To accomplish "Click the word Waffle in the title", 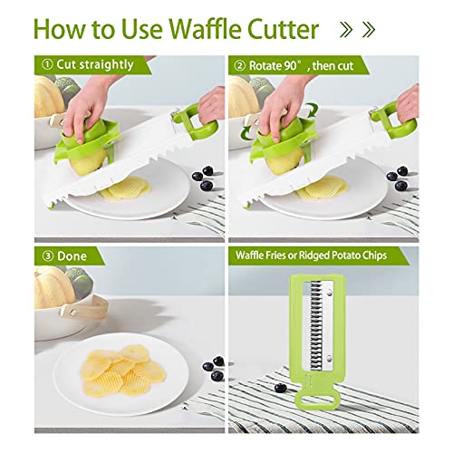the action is (x=205, y=29).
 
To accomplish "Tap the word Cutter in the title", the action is (x=283, y=29).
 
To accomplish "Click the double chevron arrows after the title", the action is (x=358, y=29).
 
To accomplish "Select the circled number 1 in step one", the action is (x=47, y=64).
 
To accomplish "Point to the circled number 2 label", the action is (x=240, y=65).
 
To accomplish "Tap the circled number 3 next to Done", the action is (x=48, y=256).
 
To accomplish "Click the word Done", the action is (x=72, y=256).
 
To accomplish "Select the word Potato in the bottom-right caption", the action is (x=345, y=255).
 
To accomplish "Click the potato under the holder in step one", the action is (x=88, y=160).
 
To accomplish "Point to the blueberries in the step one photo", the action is (x=203, y=178).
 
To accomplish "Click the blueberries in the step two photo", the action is (x=398, y=178).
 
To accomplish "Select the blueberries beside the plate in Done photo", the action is (x=214, y=368).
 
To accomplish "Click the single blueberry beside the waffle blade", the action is (x=280, y=388).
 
